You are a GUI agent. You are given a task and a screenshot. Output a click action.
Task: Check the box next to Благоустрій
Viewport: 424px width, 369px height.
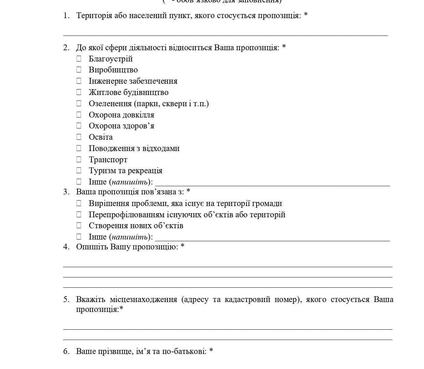click(x=79, y=59)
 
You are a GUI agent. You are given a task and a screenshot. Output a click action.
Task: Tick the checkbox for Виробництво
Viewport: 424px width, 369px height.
click(x=79, y=70)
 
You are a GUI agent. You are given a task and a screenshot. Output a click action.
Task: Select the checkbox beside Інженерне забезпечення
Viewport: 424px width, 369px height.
click(x=79, y=81)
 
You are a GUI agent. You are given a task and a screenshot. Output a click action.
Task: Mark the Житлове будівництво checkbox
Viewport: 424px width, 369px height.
click(x=79, y=92)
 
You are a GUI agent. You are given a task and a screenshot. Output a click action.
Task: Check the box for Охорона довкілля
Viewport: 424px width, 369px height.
click(x=79, y=115)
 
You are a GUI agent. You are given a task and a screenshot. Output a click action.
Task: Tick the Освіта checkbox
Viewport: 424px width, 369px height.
click(x=79, y=137)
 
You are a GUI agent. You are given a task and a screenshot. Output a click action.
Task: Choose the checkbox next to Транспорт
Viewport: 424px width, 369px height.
click(x=79, y=160)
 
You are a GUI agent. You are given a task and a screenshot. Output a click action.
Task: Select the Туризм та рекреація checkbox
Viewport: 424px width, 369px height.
click(x=79, y=170)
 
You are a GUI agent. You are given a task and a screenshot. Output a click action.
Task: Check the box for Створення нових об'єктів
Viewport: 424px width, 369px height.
click(x=79, y=225)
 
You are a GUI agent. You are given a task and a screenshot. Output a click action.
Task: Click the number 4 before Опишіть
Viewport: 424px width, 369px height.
click(x=66, y=247)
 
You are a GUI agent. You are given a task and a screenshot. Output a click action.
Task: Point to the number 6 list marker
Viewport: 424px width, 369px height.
click(x=66, y=351)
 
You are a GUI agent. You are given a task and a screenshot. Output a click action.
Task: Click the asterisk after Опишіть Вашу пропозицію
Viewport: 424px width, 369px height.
click(x=182, y=246)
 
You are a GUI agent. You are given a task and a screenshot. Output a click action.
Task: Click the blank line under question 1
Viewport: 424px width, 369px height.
click(x=225, y=35)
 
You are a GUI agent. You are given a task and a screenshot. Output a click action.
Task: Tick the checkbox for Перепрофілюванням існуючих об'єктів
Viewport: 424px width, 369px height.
click(x=79, y=215)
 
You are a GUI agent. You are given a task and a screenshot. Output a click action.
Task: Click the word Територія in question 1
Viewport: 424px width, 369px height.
click(x=94, y=16)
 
